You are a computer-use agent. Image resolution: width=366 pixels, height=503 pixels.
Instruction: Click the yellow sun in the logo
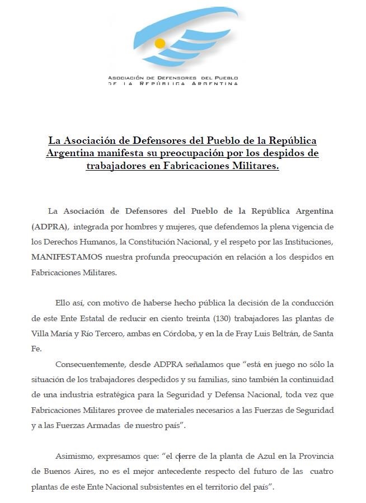tap(161, 43)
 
